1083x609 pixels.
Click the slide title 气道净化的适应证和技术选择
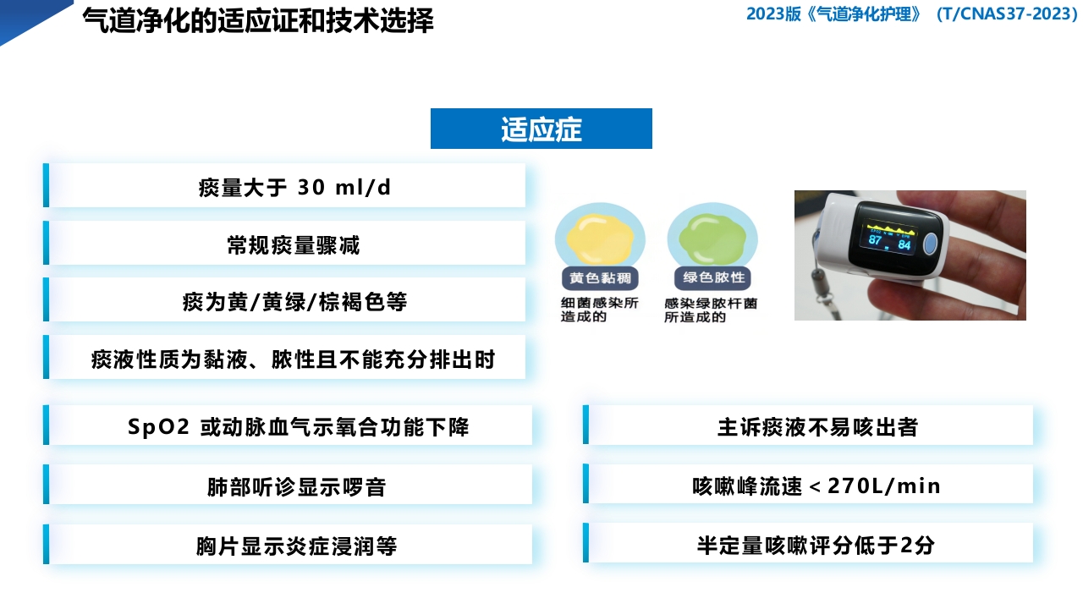click(258, 20)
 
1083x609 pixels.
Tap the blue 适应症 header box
click(541, 129)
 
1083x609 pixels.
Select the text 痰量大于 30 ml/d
click(294, 187)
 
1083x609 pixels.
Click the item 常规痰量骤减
click(294, 244)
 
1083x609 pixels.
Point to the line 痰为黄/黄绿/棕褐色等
click(294, 302)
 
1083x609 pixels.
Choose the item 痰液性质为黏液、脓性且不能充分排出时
click(293, 359)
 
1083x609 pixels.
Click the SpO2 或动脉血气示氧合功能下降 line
click(298, 426)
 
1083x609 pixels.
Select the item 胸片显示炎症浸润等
click(296, 546)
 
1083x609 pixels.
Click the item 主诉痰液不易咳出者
click(816, 426)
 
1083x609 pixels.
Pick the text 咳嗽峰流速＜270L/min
click(816, 486)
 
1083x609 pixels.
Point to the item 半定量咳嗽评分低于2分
click(816, 545)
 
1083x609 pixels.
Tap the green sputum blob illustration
click(712, 237)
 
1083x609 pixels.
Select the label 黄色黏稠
click(600, 278)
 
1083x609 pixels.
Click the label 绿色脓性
click(713, 278)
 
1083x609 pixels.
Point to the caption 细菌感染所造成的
click(599, 310)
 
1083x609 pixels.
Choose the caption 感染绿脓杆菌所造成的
click(711, 310)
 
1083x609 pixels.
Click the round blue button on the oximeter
click(928, 244)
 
